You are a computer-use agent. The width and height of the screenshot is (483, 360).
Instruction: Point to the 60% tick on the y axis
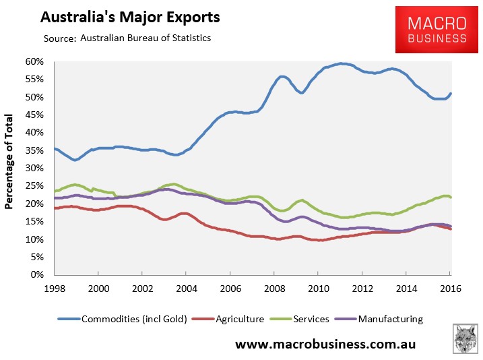tap(34, 61)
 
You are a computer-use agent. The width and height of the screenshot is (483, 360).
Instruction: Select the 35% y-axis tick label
tap(34, 150)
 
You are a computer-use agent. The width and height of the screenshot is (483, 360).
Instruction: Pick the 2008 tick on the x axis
tap(274, 287)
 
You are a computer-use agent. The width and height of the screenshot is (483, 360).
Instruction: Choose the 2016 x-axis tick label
tap(450, 287)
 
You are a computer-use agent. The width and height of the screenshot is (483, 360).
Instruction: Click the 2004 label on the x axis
tap(186, 287)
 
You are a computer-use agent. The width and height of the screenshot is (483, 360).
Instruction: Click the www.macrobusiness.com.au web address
tap(325, 344)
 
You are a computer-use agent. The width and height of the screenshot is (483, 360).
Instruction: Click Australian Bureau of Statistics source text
tap(146, 38)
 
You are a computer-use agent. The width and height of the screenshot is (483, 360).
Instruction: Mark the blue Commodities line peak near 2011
tap(343, 63)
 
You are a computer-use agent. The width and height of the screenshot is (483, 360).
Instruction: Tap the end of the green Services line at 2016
tap(451, 197)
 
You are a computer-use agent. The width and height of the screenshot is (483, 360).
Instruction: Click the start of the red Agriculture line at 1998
tap(55, 208)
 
